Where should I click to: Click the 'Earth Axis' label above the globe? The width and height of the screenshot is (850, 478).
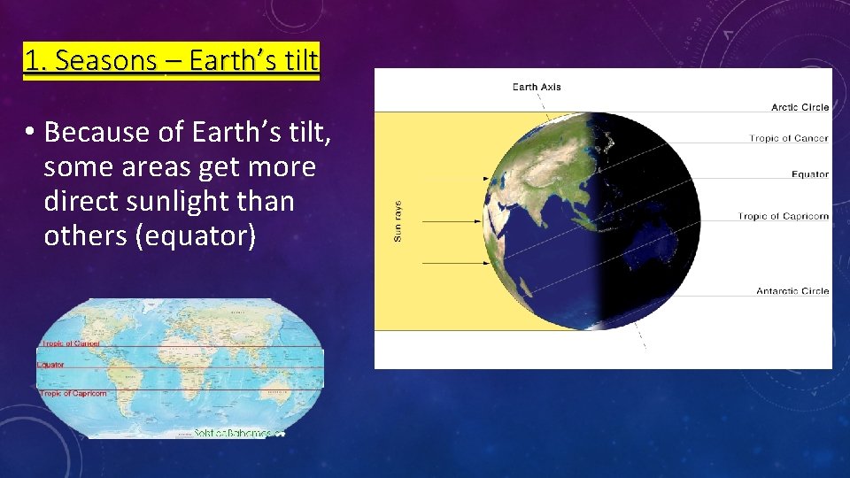[x=537, y=87]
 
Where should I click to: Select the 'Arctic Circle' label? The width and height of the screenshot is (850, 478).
[x=800, y=107]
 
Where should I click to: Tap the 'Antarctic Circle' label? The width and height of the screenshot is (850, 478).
[x=792, y=290]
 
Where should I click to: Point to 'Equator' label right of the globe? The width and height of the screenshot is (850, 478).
[x=809, y=174]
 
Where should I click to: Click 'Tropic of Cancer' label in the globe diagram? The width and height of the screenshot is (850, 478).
[x=788, y=138]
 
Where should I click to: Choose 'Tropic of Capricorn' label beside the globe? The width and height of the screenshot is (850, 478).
[x=783, y=216]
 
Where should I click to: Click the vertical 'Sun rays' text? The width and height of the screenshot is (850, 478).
[x=398, y=220]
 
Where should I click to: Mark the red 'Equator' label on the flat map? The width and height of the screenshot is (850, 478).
[x=50, y=364]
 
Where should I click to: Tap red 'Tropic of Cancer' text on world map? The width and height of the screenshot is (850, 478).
[x=69, y=343]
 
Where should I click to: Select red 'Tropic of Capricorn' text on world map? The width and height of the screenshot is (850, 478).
[x=73, y=393]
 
